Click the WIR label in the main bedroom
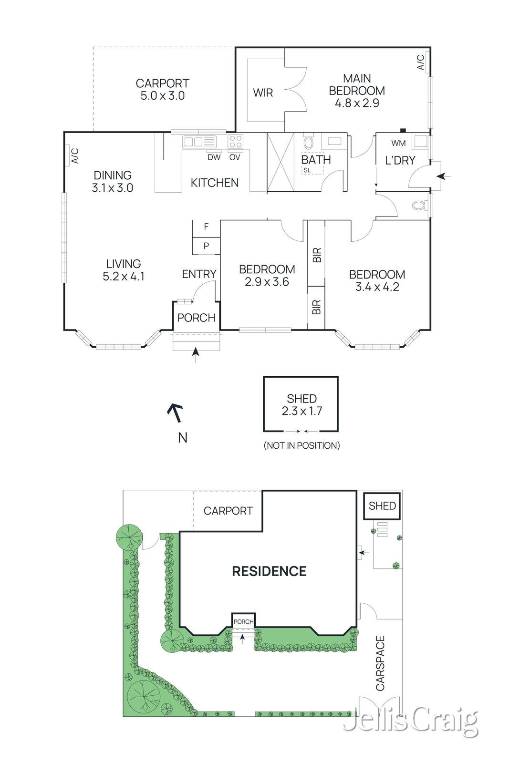[263, 93]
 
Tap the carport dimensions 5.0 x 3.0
[162, 96]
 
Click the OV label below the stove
[235, 157]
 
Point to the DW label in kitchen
[214, 157]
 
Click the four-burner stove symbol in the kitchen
[235, 142]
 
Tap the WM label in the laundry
[399, 143]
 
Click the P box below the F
[206, 246]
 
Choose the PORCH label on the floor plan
[196, 318]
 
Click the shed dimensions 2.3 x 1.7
[301, 411]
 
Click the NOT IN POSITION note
[301, 445]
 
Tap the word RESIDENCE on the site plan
[269, 571]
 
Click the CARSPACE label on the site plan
[380, 663]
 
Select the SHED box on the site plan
[382, 506]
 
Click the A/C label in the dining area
[74, 155]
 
